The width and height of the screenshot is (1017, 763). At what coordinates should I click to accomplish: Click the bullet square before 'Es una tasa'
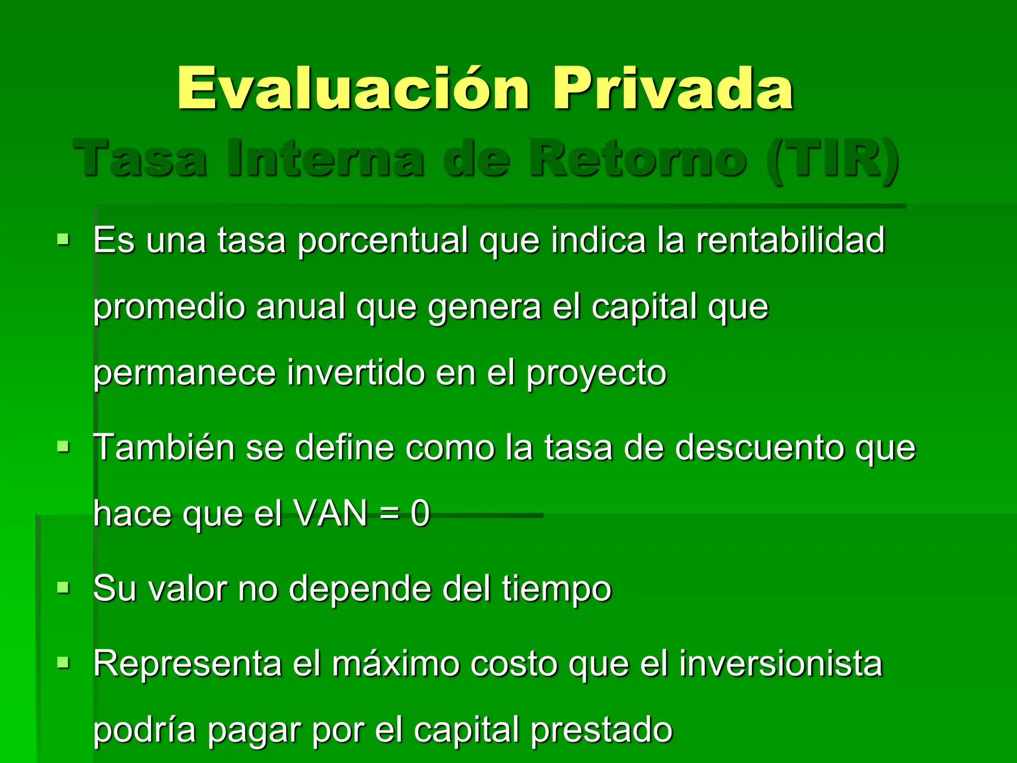tap(63, 239)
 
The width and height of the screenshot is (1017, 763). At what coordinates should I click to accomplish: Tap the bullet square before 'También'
tap(63, 447)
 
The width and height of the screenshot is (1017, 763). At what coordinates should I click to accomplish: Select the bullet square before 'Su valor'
tap(63, 588)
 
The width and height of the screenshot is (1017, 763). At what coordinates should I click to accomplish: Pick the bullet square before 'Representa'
tap(63, 663)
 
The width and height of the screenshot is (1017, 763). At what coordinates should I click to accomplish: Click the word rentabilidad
tap(790, 240)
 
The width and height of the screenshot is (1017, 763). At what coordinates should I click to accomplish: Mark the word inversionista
tap(780, 664)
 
